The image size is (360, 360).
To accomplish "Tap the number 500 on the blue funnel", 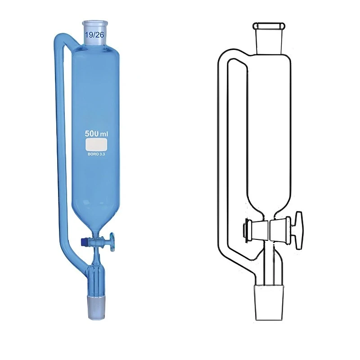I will (x=92, y=134).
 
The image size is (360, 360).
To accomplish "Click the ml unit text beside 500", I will (x=104, y=134).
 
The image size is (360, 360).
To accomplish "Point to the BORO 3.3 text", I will (x=96, y=154).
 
